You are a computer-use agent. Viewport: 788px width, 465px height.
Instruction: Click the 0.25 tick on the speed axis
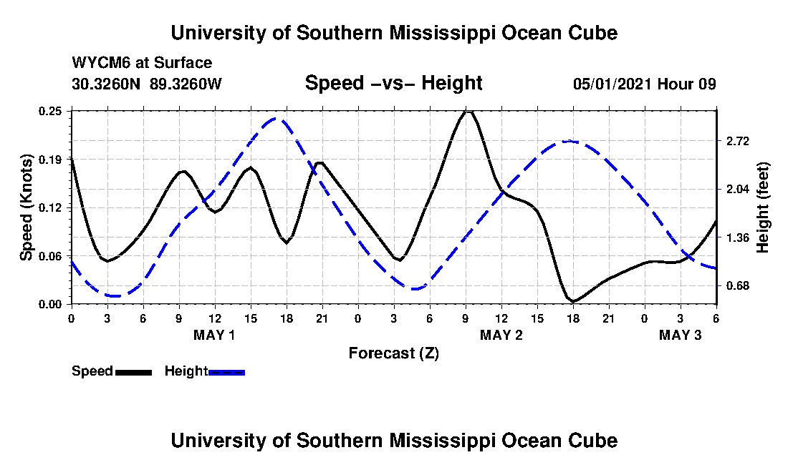51,111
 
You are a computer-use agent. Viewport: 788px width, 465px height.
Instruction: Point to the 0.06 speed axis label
51,256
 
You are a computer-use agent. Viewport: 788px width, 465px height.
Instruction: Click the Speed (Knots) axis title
27,207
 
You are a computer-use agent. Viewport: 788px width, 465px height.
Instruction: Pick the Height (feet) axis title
763,207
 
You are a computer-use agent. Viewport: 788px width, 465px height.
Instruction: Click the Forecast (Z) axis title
393,353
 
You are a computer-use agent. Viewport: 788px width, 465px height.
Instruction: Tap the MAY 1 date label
214,335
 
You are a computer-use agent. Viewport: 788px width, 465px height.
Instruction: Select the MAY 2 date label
501,335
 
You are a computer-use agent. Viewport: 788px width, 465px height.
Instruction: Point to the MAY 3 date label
680,335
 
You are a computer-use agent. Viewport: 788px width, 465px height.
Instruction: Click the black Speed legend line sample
133,372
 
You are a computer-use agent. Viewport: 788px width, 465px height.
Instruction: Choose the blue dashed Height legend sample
226,372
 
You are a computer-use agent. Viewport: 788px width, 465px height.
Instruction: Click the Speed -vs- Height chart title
393,83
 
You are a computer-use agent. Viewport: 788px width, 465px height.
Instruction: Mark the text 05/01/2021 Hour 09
644,84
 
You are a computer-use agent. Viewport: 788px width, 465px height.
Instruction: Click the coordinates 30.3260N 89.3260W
147,84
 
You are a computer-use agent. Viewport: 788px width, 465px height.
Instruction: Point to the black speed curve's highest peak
467,112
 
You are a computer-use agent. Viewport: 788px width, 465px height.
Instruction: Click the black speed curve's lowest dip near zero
573,301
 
